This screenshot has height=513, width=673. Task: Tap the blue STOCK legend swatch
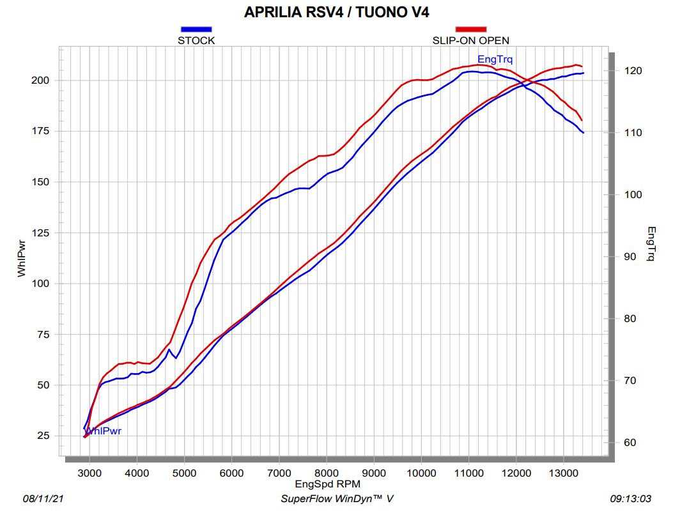click(x=196, y=29)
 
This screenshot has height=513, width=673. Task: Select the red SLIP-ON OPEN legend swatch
click(x=470, y=29)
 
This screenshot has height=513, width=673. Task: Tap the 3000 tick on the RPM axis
click(x=89, y=473)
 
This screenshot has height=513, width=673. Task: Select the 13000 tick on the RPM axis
click(x=563, y=473)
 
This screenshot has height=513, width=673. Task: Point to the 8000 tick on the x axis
click(x=326, y=473)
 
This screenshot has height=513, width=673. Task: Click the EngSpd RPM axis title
click(x=327, y=484)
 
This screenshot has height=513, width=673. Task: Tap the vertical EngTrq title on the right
click(x=651, y=244)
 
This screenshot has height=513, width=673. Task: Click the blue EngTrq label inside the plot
click(x=495, y=59)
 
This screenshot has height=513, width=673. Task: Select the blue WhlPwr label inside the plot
click(x=104, y=431)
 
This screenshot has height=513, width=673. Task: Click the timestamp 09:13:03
click(x=631, y=498)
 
